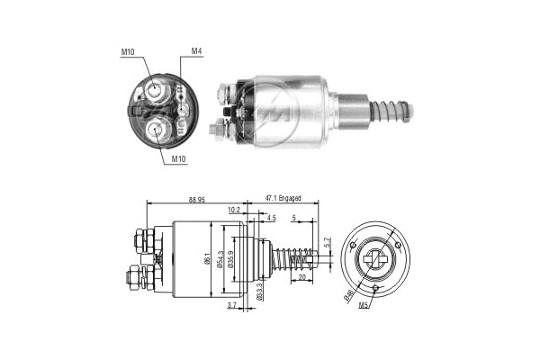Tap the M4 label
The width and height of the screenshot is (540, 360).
click(x=196, y=51)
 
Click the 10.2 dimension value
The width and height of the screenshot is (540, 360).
click(x=235, y=210)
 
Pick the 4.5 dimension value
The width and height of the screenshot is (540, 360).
click(x=271, y=217)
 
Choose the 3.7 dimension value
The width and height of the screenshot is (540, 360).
click(x=232, y=307)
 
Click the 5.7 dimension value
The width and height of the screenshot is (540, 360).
click(x=328, y=243)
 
